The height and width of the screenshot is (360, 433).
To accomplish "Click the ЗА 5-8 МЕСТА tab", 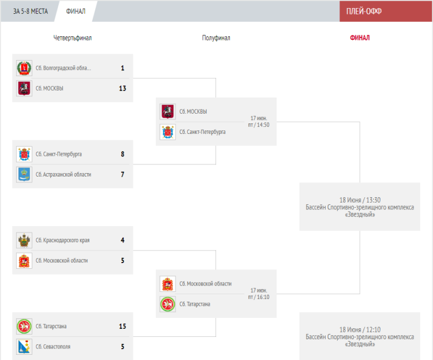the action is (x=31, y=12).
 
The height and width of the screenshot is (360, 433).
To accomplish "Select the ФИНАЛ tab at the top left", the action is (x=76, y=12).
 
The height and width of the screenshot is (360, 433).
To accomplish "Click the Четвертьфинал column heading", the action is (x=72, y=38).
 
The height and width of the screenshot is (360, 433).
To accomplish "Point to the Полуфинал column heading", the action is (x=216, y=38).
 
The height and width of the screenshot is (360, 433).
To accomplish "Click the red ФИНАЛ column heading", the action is (x=360, y=38).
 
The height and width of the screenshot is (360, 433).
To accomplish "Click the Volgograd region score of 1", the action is (x=122, y=68).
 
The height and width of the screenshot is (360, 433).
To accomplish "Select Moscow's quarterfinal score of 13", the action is (x=122, y=88).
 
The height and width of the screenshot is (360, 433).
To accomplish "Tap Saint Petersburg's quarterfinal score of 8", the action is (x=122, y=154).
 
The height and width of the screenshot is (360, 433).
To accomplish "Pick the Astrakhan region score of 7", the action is (x=122, y=174).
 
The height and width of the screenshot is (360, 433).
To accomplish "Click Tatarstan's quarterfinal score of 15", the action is (x=122, y=327).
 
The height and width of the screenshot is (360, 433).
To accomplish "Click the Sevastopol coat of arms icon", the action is (x=24, y=347).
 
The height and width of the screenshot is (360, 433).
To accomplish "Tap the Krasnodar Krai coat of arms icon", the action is (x=24, y=240).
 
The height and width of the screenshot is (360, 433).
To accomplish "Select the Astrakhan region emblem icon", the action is (x=24, y=174).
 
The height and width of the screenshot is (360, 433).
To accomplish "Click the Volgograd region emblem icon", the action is (x=24, y=68).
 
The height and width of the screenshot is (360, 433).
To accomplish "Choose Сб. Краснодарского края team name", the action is (x=63, y=240).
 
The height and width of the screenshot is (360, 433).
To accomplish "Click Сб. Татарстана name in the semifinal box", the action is (x=195, y=304).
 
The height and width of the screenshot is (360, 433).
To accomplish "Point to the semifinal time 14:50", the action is (x=263, y=125).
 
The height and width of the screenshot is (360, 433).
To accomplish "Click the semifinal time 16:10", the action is (x=263, y=297).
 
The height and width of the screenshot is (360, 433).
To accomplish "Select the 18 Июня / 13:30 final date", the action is (x=360, y=200).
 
